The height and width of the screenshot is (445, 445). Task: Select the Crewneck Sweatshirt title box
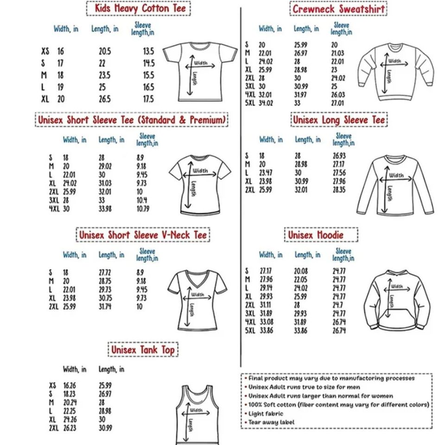point(338,9)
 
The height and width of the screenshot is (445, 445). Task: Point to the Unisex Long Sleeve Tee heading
point(338,120)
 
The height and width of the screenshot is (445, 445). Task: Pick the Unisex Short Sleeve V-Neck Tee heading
point(143,235)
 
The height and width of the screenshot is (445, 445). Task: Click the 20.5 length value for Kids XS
point(105,51)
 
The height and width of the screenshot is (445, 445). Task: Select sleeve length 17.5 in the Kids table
point(148,99)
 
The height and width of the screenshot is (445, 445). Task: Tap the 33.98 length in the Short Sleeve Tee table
point(105,209)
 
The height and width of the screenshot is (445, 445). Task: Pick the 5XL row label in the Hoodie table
point(250,331)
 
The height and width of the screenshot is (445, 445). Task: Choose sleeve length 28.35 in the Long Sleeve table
point(339,190)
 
